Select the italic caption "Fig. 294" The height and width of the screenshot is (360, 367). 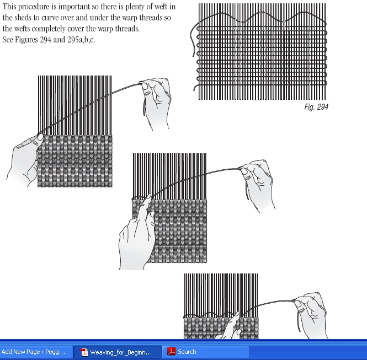pyautogui.click(x=316, y=107)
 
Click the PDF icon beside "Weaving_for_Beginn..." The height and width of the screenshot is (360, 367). pyautogui.click(x=84, y=352)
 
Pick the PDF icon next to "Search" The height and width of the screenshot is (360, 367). pyautogui.click(x=172, y=352)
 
